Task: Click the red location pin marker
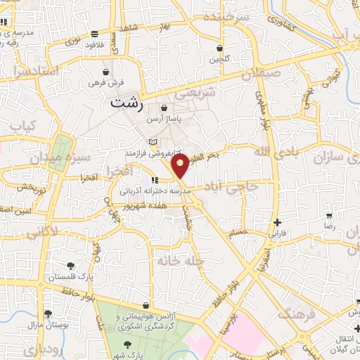pyautogui.click(x=180, y=167)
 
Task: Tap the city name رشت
pyautogui.click(x=127, y=104)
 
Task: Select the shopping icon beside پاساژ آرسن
pyautogui.click(x=164, y=109)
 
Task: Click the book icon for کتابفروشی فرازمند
pyautogui.click(x=153, y=143)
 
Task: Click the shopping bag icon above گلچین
pyautogui.click(x=219, y=48)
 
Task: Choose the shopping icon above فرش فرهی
pyautogui.click(x=105, y=72)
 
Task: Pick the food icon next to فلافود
pyautogui.click(x=94, y=34)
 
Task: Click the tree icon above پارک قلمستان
pyautogui.click(x=70, y=265)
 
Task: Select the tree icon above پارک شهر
pyautogui.click(x=127, y=344)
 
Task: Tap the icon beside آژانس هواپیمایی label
pyautogui.click(x=145, y=307)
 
